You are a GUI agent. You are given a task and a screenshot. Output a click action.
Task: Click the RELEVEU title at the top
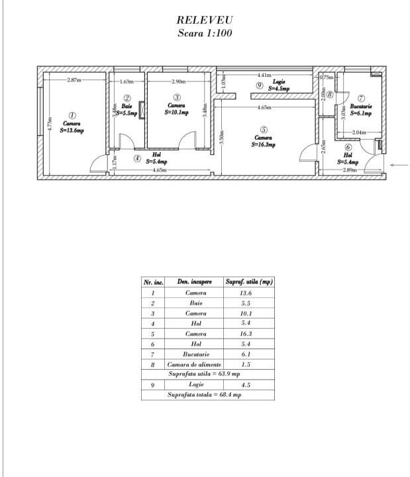(205, 21)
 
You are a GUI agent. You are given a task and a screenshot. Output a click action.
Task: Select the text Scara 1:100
(205, 33)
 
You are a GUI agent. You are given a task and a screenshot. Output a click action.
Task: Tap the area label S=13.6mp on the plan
(72, 131)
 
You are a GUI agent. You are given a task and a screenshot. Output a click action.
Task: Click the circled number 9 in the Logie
(260, 86)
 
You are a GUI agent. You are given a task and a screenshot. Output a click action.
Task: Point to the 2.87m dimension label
(74, 81)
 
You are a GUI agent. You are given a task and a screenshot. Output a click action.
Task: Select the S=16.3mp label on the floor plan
(264, 144)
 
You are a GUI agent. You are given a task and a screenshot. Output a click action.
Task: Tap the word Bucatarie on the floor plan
(361, 106)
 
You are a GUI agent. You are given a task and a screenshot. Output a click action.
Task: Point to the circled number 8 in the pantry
(329, 94)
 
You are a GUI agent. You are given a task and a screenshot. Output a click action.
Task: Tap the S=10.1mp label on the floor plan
(177, 113)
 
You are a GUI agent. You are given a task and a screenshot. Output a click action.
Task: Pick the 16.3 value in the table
(246, 334)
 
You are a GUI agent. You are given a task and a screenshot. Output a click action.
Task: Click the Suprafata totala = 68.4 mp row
(205, 395)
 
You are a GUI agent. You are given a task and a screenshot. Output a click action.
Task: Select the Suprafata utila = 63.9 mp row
(205, 374)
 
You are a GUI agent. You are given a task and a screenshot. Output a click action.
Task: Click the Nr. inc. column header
(153, 282)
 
